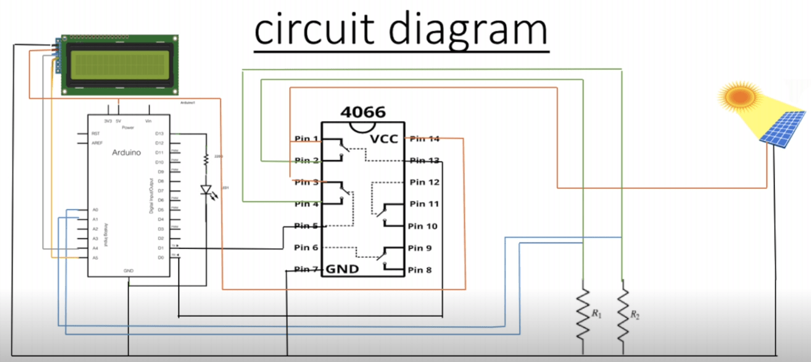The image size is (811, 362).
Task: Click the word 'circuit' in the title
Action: (313, 31)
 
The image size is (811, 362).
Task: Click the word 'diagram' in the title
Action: (465, 31)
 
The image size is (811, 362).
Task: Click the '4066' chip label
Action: (363, 112)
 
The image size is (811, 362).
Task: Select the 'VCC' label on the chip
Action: (384, 139)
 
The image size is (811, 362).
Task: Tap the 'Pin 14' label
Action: (425, 138)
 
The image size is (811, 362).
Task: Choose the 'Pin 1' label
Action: (306, 138)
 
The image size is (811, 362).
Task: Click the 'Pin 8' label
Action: (420, 270)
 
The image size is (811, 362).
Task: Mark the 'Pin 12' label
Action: (425, 182)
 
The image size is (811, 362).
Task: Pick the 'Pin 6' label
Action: (306, 248)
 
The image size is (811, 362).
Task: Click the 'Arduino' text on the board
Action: (126, 152)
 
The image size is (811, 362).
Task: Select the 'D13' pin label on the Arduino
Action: (159, 133)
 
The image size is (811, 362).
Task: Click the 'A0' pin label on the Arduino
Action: (95, 210)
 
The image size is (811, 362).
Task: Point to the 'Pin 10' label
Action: (423, 226)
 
